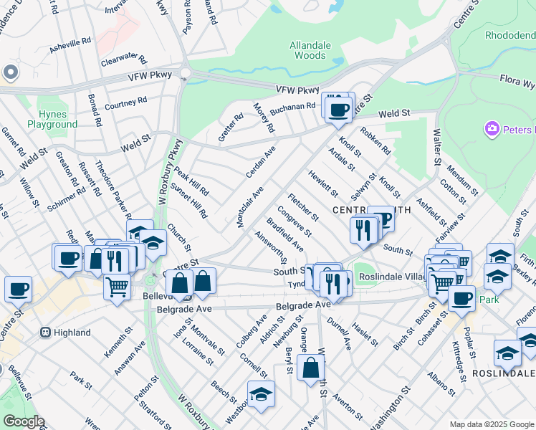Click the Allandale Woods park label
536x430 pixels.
click(x=310, y=50)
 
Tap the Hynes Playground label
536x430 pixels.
click(x=52, y=119)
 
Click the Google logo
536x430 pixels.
click(x=23, y=421)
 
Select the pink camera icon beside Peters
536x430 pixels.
click(x=492, y=129)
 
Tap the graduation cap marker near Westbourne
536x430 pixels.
click(x=261, y=394)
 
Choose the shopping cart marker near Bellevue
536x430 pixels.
click(x=117, y=287)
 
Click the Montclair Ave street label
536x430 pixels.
click(x=251, y=207)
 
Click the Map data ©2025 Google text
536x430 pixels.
click(x=491, y=424)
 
